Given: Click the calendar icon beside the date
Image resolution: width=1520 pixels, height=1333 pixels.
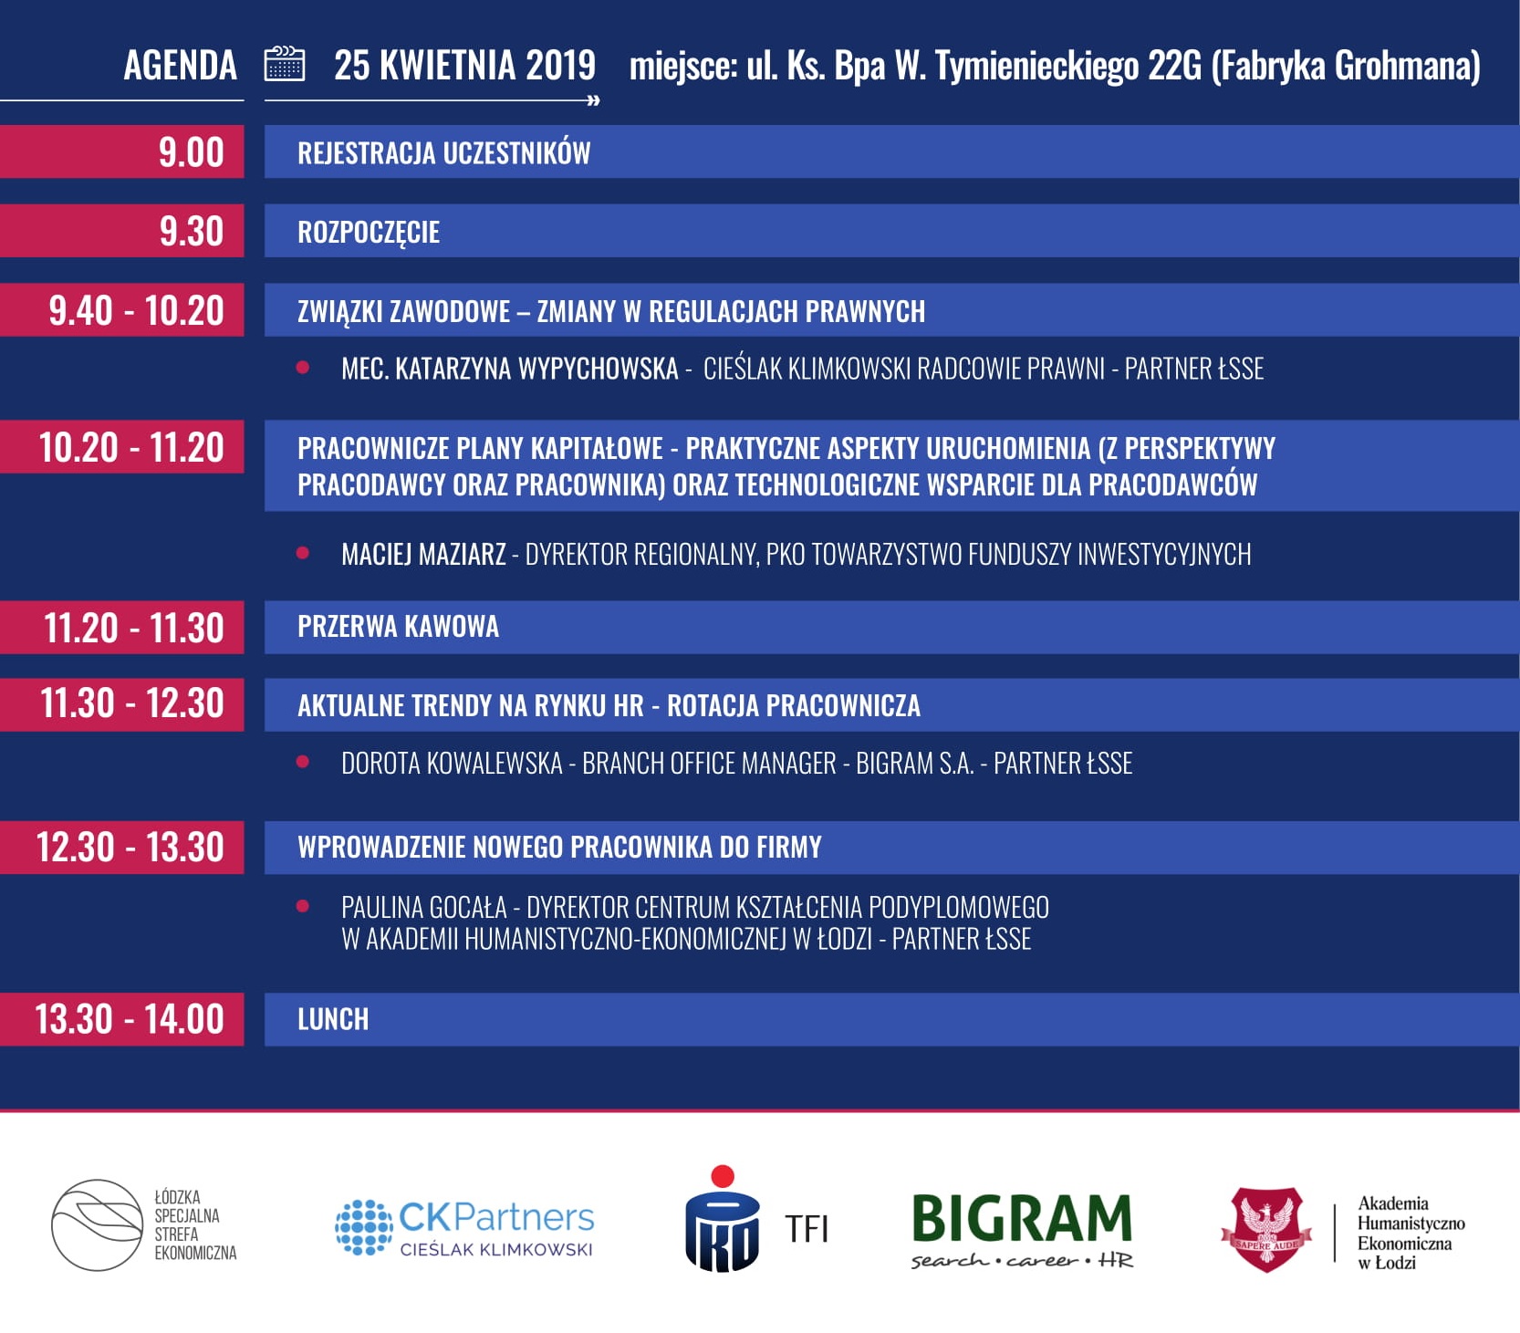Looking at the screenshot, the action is click(284, 64).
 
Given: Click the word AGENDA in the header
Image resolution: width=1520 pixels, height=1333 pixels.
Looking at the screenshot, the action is click(180, 66).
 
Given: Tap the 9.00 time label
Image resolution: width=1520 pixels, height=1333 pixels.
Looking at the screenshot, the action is click(191, 151).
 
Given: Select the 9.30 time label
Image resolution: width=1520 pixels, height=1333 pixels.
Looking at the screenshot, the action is click(191, 231).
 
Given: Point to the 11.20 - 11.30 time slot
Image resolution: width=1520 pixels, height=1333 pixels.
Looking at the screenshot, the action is click(133, 628).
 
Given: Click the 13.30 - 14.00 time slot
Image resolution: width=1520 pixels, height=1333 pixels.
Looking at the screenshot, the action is click(129, 1019).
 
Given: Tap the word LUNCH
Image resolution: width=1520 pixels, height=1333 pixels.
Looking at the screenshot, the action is click(333, 1019).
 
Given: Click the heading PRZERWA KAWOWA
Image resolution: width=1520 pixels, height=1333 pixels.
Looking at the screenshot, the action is click(398, 627).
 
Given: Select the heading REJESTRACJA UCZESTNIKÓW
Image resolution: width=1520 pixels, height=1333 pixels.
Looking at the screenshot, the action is click(443, 152).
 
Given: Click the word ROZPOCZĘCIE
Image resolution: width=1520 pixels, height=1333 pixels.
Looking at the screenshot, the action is click(369, 233).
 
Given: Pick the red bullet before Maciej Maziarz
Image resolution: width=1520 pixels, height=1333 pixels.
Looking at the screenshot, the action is click(303, 553).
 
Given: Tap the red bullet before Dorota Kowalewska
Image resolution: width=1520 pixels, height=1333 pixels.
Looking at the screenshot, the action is click(303, 762).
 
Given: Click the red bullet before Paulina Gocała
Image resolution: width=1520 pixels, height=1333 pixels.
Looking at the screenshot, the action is click(303, 906).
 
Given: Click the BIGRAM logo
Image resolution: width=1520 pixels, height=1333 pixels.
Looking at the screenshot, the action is click(1022, 1230).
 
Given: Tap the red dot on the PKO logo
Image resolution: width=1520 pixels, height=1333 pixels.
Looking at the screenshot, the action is click(723, 1176).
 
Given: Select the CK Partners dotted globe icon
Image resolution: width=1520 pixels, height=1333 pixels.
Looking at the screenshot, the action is click(363, 1227).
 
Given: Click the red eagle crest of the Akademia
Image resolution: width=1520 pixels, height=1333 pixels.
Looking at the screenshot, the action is click(1266, 1229).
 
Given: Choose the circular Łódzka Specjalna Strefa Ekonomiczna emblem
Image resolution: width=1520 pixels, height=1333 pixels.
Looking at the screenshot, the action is click(97, 1225).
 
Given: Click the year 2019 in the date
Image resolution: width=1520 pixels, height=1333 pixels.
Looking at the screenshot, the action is click(560, 66).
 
